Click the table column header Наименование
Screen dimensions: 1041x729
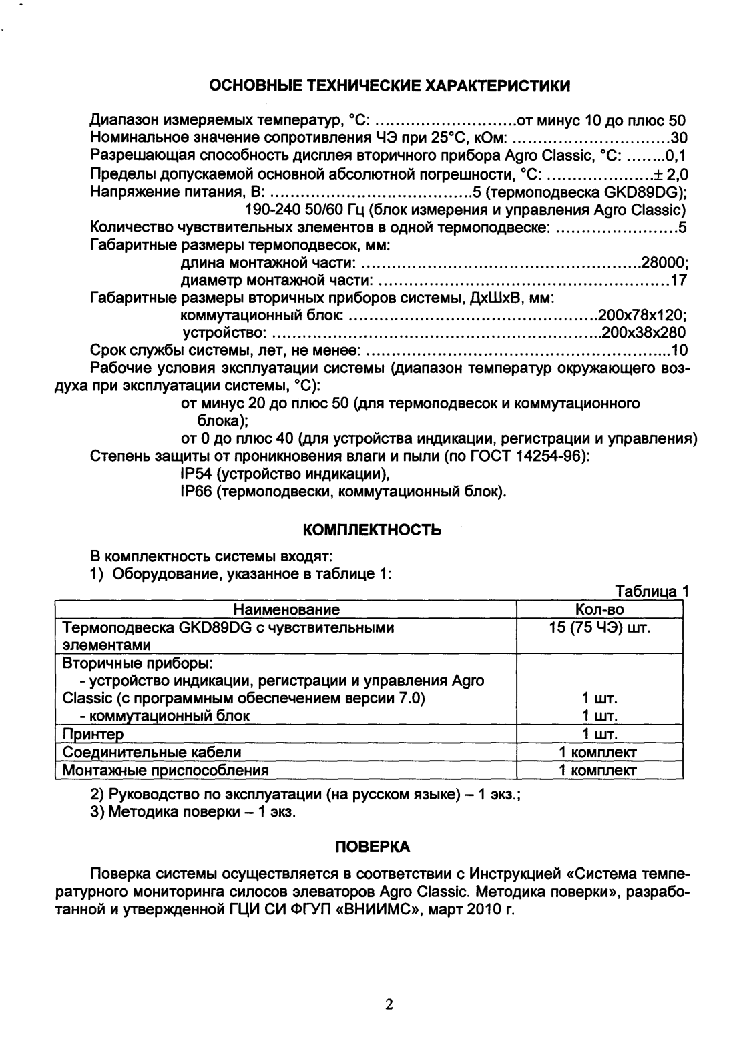(286, 609)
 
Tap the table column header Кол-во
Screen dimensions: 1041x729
(599, 609)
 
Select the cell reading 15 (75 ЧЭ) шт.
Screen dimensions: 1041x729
(599, 627)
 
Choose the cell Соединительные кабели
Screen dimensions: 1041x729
(152, 752)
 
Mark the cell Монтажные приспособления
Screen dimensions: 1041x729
(166, 770)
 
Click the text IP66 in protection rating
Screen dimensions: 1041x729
(196, 492)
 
